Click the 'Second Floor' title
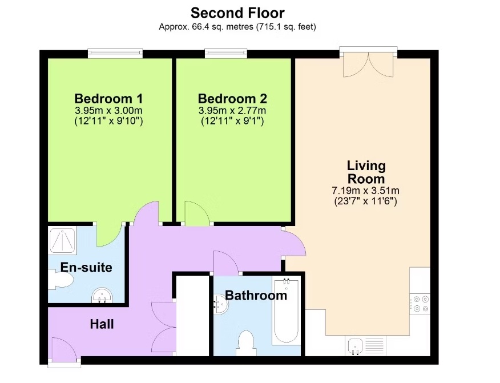click(x=237, y=12)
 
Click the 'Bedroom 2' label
click(x=232, y=98)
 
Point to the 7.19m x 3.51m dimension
click(x=366, y=191)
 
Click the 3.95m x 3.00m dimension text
click(x=108, y=110)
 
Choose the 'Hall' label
click(x=102, y=325)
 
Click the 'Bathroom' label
click(x=255, y=296)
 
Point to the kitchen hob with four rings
click(x=421, y=304)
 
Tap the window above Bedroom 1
click(x=115, y=54)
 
